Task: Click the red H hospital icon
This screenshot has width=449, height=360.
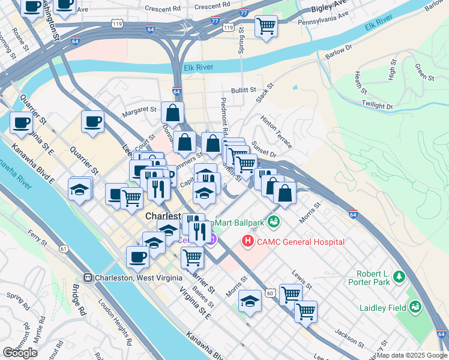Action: (247, 241)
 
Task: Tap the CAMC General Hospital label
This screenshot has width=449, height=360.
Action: (300, 242)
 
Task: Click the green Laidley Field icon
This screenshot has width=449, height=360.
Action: (414, 308)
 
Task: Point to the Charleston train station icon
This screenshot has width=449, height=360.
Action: (88, 278)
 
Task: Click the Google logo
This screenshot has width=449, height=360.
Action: (20, 353)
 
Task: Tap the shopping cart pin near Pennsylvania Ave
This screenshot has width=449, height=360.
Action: (265, 26)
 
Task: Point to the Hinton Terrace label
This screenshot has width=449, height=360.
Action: (276, 132)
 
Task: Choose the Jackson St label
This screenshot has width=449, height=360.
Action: (350, 338)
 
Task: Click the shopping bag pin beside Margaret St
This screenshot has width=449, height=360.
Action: (172, 112)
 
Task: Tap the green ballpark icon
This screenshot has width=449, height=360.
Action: (274, 222)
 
